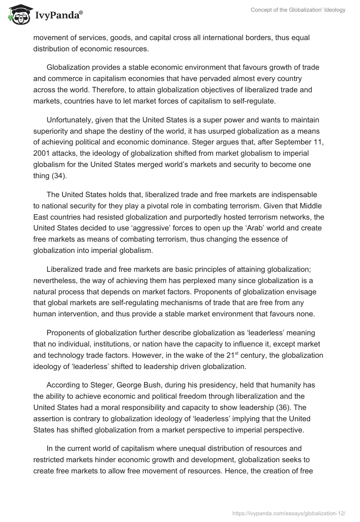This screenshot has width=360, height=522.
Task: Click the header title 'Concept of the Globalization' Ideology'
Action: coord(298,10)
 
